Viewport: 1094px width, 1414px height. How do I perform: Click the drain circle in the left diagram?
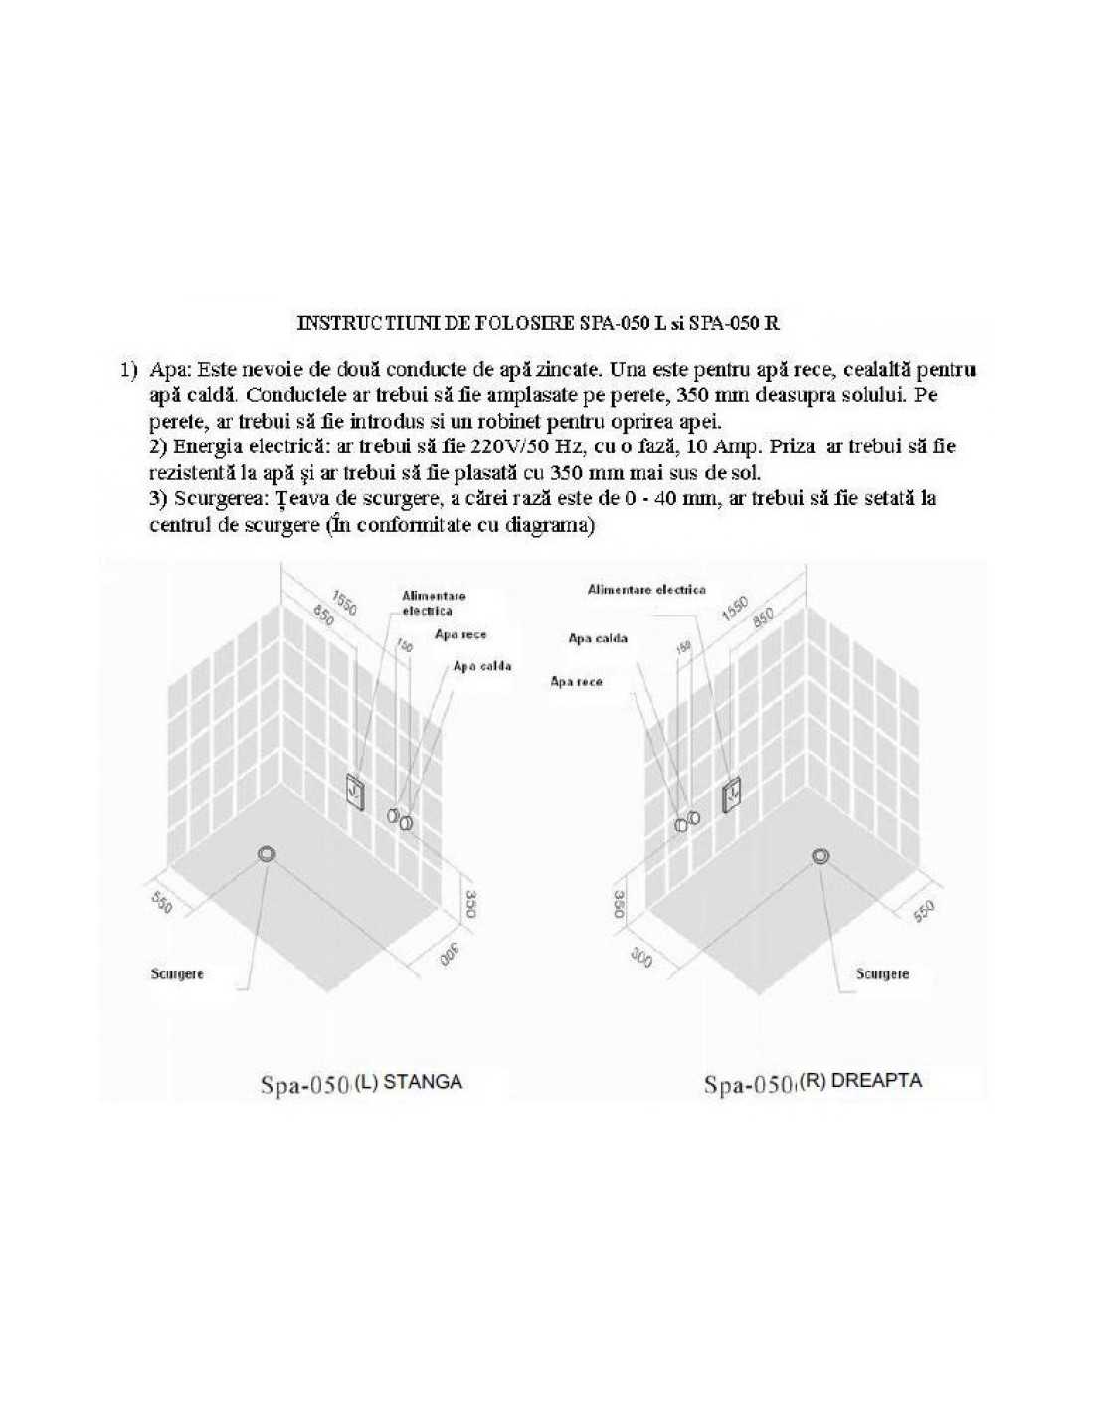point(267,854)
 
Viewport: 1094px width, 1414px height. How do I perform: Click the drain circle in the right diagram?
point(820,856)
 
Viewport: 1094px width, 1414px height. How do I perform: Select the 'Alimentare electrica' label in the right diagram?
point(646,590)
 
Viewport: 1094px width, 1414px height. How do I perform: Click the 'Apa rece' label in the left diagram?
point(460,634)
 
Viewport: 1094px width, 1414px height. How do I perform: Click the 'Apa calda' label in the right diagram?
point(598,638)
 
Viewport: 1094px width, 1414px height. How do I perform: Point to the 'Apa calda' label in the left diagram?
point(481,666)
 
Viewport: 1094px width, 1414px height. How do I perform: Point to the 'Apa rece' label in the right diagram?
point(577,682)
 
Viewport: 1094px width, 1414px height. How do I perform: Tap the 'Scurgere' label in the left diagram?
point(177,973)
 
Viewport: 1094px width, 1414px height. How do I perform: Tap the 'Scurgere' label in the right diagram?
point(882,973)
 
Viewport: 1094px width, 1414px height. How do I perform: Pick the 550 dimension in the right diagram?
point(924,910)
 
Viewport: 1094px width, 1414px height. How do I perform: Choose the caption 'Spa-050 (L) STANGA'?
point(361,1083)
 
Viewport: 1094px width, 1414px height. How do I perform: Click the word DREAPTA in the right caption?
point(875,1081)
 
